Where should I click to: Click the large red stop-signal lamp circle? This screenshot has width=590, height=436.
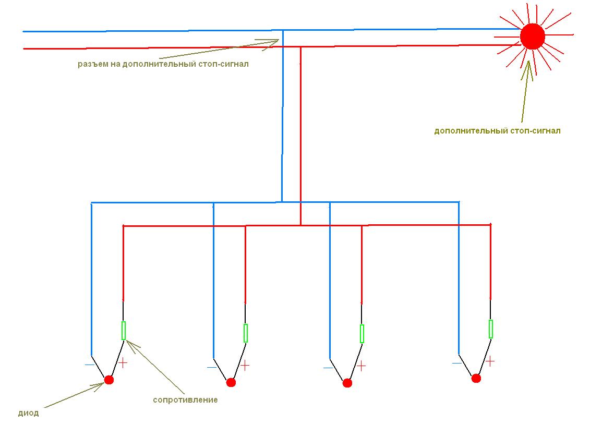(x=532, y=37)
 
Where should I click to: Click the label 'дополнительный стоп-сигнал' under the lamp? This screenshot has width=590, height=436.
(x=497, y=131)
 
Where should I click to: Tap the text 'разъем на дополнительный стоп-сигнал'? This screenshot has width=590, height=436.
(x=163, y=65)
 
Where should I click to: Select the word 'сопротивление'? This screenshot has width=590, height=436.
(x=185, y=400)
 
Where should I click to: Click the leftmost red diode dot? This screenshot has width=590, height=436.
(x=109, y=380)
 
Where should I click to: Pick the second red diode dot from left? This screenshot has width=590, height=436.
(x=231, y=382)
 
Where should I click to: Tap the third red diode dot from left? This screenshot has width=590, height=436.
(x=347, y=383)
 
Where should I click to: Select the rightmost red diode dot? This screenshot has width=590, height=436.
(x=476, y=378)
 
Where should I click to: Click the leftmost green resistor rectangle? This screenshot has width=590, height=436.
(x=124, y=331)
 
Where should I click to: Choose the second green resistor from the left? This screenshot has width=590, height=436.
(x=246, y=333)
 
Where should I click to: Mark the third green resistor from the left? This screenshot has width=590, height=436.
(x=362, y=333)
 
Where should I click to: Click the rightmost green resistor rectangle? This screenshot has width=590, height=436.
(x=491, y=329)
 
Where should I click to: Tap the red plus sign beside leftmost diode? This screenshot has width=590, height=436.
(x=123, y=363)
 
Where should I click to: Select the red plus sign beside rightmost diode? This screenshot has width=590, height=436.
(x=490, y=360)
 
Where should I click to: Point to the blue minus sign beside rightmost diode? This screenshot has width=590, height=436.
(x=457, y=362)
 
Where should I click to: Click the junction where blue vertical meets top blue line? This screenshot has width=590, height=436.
(x=283, y=30)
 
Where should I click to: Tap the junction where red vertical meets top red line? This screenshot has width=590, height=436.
(x=300, y=47)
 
